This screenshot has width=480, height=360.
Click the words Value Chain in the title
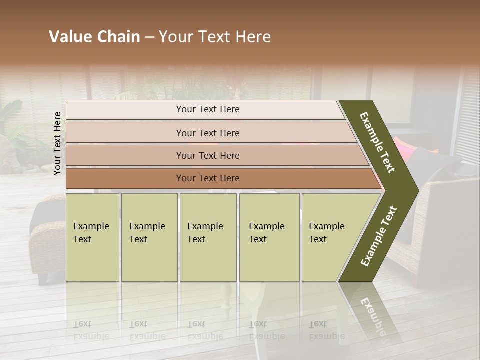[94, 37]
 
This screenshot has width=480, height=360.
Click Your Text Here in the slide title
[215, 37]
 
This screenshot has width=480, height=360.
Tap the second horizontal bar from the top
[207, 133]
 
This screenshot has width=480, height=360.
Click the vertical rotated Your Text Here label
[57, 143]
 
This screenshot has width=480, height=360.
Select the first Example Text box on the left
[92, 237]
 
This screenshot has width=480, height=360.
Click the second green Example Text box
[149, 237]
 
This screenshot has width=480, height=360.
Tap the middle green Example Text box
[208, 237]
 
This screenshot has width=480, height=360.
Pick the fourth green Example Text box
[269, 237]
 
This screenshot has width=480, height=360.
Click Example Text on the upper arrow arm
[377, 142]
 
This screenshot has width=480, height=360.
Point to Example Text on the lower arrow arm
[378, 236]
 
